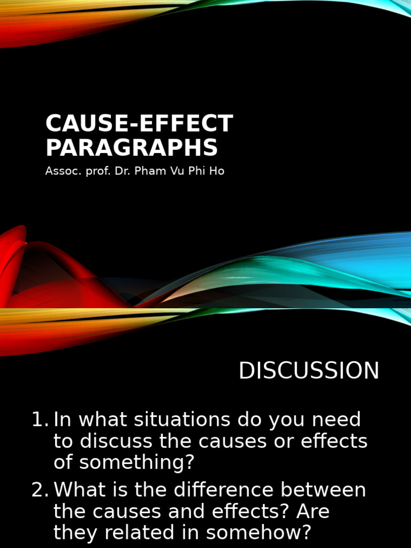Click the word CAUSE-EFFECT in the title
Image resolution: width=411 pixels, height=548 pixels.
[x=139, y=124]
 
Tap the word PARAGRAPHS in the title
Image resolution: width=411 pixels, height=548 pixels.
[x=132, y=148]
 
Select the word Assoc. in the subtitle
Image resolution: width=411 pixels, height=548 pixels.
[x=60, y=172]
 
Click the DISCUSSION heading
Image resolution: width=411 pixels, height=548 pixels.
[x=309, y=371]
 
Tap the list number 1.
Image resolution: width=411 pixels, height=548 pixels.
[x=40, y=420]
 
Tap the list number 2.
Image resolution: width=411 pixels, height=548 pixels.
[x=40, y=490]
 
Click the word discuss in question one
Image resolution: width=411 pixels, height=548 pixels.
[x=107, y=442]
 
